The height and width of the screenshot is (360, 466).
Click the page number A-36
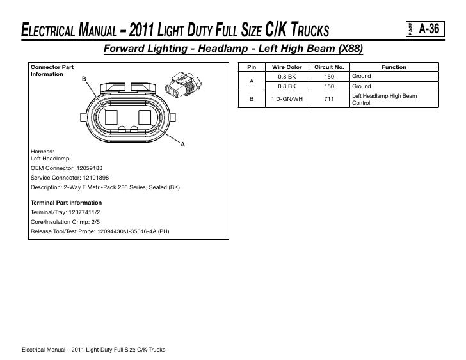tap(428, 28)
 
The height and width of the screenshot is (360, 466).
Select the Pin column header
tap(252, 67)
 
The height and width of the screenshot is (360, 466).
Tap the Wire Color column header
tap(287, 67)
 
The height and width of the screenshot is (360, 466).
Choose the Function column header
tap(394, 67)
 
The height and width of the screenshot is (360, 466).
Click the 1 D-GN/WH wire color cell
tap(287, 99)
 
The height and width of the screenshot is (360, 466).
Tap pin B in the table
tap(252, 99)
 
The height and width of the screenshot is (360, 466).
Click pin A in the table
tap(252, 81)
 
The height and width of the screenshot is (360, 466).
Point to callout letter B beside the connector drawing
tap(84, 79)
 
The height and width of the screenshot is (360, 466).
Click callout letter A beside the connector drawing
tap(182, 145)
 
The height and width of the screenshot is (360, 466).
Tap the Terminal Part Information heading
tap(66, 201)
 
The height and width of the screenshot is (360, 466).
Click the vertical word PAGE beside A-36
tap(409, 28)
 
